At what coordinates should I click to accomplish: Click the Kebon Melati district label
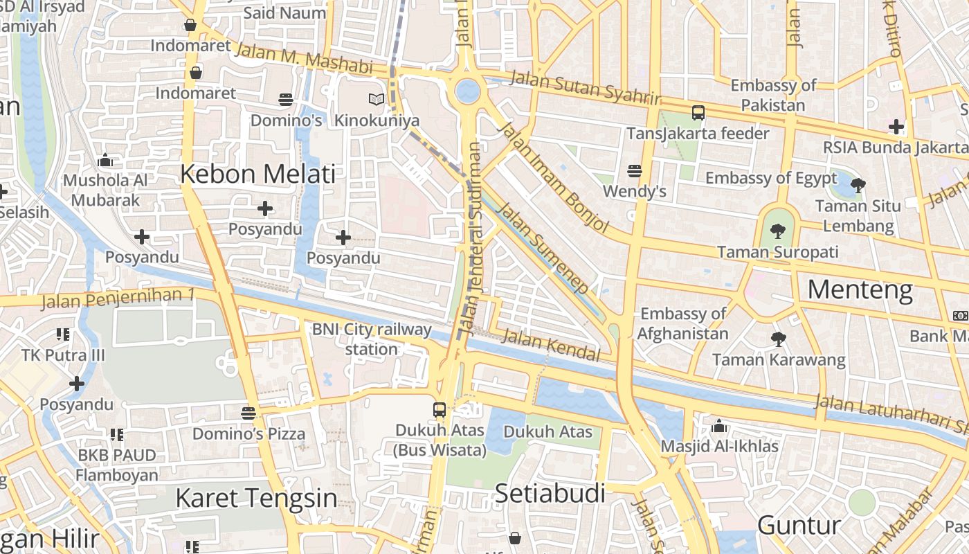(x=257, y=174)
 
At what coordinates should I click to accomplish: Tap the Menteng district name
(x=860, y=289)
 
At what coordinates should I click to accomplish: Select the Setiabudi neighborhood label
(x=550, y=494)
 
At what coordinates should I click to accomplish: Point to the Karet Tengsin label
(x=256, y=498)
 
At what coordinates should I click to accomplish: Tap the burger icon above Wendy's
(x=634, y=170)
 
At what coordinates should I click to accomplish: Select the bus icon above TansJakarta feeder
(x=698, y=112)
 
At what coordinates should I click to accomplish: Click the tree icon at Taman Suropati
(x=778, y=231)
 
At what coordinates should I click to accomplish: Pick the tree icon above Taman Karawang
(x=778, y=339)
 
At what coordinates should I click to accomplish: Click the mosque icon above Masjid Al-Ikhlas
(x=719, y=425)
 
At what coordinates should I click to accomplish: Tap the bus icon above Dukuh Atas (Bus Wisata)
(x=440, y=409)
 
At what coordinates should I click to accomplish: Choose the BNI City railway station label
(x=372, y=339)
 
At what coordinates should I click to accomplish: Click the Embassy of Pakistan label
(x=773, y=96)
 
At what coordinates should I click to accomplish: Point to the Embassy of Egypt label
(x=770, y=178)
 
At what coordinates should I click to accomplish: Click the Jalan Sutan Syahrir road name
(x=585, y=88)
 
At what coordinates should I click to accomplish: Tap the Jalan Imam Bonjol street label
(x=553, y=177)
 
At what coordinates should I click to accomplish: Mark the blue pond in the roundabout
(x=468, y=91)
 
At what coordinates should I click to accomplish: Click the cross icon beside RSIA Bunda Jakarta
(x=896, y=127)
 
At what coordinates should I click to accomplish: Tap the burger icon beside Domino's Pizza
(x=248, y=413)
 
